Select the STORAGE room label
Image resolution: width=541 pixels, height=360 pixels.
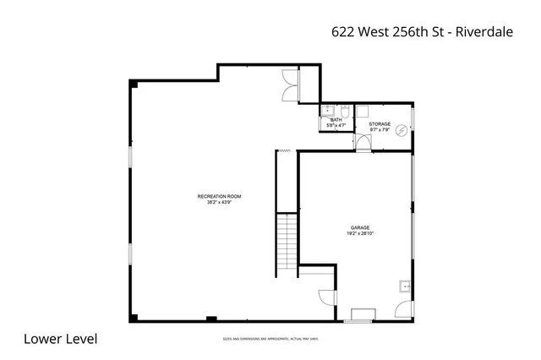380,124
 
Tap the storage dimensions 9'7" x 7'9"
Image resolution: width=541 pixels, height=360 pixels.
380,130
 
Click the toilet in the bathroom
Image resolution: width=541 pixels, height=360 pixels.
345,110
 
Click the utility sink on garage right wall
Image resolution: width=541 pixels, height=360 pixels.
405,286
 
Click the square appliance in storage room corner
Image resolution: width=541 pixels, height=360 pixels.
363,111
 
